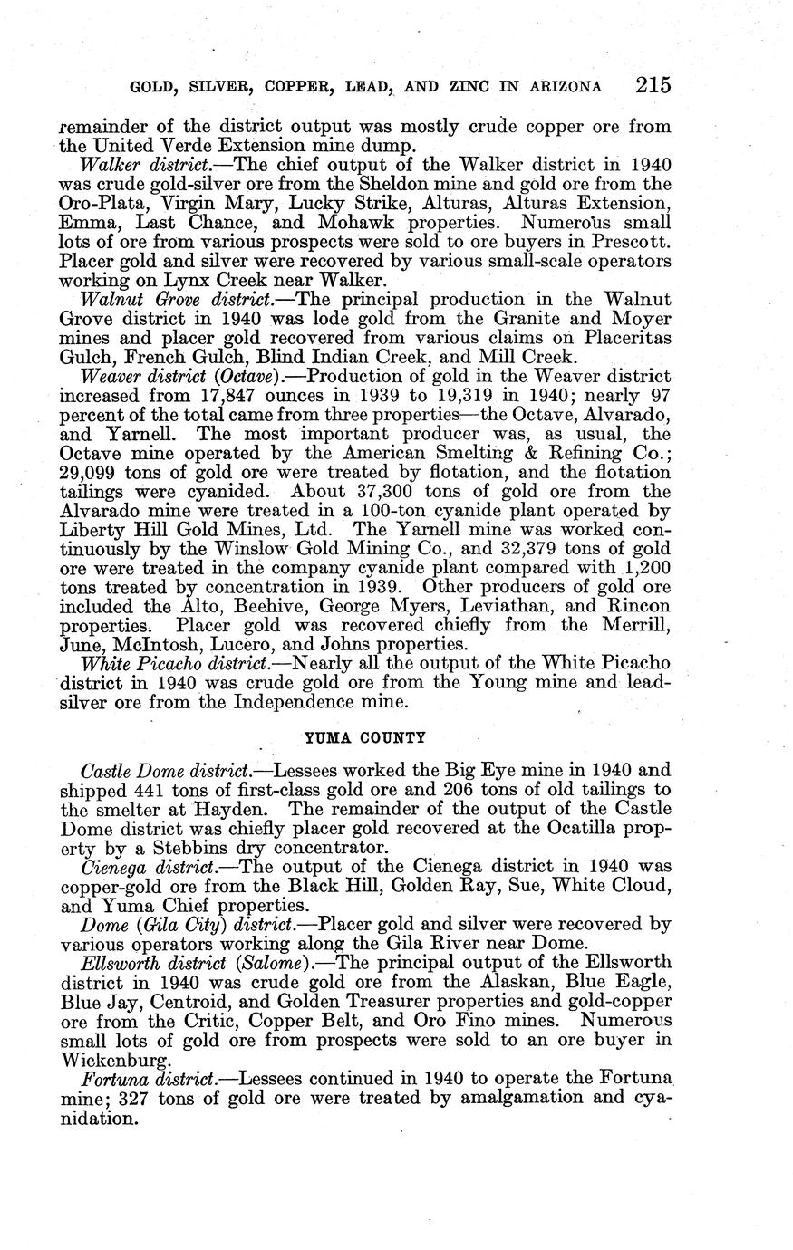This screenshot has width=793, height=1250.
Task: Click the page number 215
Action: tap(653, 85)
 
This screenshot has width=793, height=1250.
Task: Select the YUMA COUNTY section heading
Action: tap(364, 737)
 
